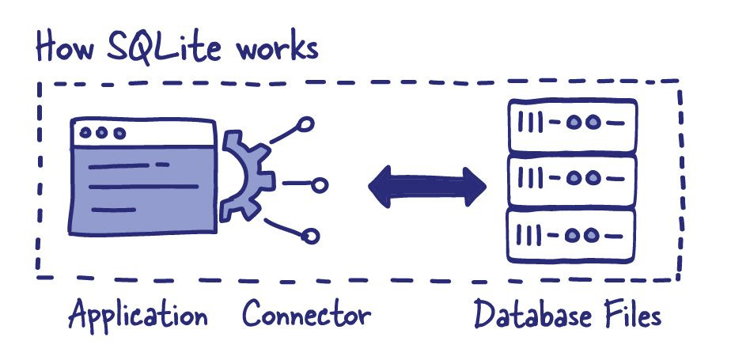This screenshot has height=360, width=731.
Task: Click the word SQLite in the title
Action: click(161, 47)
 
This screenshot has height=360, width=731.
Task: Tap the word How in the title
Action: click(63, 46)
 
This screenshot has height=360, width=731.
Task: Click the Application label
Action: click(138, 316)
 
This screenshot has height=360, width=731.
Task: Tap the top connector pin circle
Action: click(306, 125)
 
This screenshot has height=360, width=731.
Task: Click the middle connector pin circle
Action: click(320, 185)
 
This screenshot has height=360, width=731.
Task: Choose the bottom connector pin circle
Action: click(311, 236)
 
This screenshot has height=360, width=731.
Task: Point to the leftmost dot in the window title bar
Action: click(84, 134)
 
